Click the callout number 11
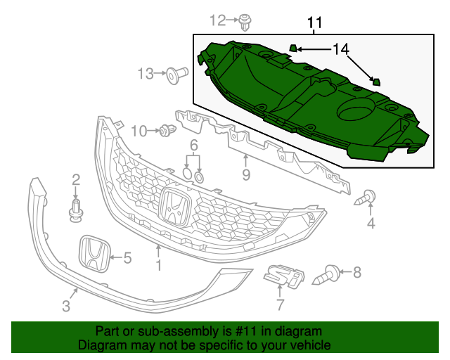coord(314,23)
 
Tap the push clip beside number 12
coord(245,22)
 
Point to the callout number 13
coord(146,74)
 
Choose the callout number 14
coord(340,49)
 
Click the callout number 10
coord(139,131)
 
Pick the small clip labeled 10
coord(167,131)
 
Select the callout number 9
coord(246,174)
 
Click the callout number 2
coord(76,180)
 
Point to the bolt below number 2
coord(76,210)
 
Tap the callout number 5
coord(127,258)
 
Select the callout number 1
coord(158,265)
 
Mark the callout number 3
coord(66,305)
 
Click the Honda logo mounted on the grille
coord(174,206)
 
